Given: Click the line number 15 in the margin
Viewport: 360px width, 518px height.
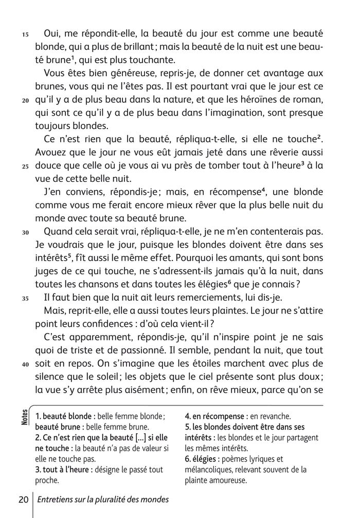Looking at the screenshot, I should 25,35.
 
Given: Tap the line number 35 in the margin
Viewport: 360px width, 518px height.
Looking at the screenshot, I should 25,299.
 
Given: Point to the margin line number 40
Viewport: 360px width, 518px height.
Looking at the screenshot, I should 25,365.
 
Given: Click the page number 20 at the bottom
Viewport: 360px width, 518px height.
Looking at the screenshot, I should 23,499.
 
